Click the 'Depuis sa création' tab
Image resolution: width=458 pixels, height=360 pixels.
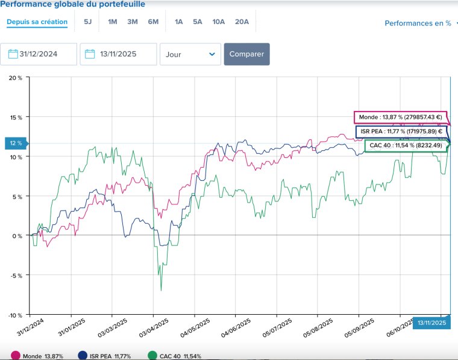(37, 22)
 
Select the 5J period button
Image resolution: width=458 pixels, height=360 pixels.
(87, 22)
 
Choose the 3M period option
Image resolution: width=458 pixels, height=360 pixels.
(133, 22)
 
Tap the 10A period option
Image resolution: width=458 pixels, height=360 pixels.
(219, 22)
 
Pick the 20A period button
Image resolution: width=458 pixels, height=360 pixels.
(242, 22)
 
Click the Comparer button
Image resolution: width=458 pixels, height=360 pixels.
(247, 54)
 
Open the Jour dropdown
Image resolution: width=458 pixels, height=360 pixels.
(190, 54)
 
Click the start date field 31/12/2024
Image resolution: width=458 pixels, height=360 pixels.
(39, 54)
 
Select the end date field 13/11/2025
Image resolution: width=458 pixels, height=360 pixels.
(118, 54)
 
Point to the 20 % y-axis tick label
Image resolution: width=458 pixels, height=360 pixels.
(16, 78)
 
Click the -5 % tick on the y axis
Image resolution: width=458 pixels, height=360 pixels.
(16, 276)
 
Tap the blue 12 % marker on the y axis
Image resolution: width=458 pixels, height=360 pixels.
(16, 143)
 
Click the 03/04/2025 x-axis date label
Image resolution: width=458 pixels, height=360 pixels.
(154, 328)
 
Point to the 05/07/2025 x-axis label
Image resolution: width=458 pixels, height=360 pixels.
(277, 328)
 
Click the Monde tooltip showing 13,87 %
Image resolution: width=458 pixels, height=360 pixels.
(401, 117)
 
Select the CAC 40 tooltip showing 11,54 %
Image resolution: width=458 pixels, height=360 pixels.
(406, 145)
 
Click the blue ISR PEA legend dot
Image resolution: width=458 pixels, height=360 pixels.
(83, 356)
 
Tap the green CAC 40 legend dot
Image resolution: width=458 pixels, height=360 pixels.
(152, 356)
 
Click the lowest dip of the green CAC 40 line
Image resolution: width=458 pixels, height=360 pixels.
(161, 290)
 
